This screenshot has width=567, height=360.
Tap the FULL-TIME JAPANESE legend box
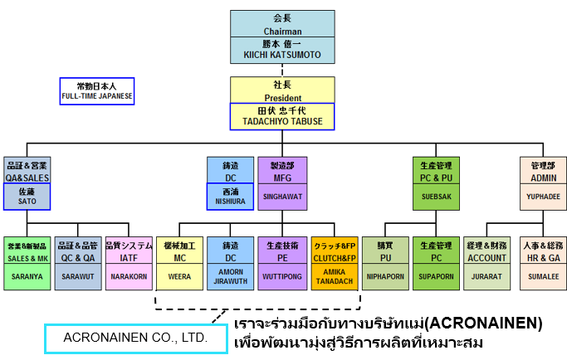click(x=97, y=90)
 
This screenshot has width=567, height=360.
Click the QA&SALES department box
click(x=27, y=170)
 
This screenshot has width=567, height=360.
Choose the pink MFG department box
click(x=281, y=170)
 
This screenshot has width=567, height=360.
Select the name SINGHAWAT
click(x=281, y=197)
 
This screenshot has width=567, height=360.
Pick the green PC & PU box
click(x=437, y=170)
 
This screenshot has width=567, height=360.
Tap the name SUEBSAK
click(x=437, y=197)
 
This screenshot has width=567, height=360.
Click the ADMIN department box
click(x=543, y=170)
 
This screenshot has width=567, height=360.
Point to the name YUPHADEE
click(x=543, y=197)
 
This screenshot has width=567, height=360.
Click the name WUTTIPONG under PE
click(x=281, y=276)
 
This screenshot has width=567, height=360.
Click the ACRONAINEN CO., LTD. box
click(x=134, y=338)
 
